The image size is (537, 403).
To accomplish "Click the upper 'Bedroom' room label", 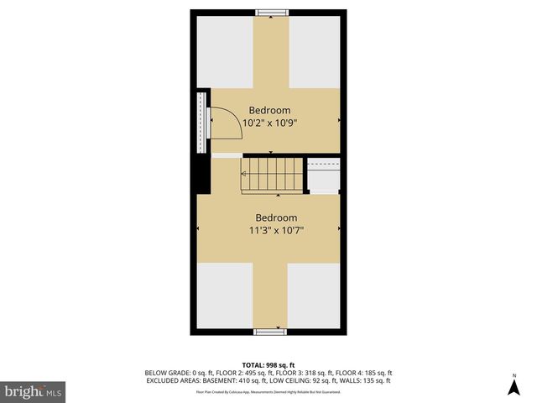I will coord(269,110).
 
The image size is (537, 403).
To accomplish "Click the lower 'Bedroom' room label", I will coord(276,217).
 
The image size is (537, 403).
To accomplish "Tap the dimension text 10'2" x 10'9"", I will coord(269,123).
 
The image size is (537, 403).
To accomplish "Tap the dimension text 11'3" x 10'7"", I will coord(276,230).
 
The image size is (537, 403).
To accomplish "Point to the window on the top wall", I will coord(270,12).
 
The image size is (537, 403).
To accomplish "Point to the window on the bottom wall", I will coord(270,332).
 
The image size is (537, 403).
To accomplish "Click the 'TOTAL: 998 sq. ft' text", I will coord(268,364).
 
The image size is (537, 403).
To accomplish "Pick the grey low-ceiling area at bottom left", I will coord(224,294).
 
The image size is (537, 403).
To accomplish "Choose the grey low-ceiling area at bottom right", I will coord(315,294).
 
